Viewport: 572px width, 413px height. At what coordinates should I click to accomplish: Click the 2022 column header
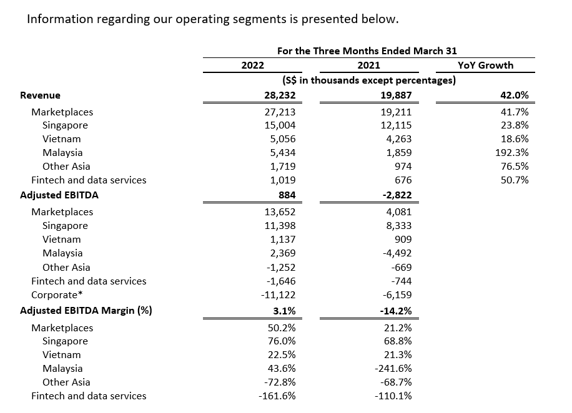tap(252, 66)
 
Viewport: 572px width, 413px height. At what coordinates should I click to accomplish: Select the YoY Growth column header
tap(486, 66)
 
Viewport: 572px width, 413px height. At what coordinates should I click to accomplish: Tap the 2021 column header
tap(369, 66)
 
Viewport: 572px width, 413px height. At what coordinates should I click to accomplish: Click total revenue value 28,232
tap(280, 95)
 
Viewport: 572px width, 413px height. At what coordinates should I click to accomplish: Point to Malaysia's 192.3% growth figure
tap(512, 152)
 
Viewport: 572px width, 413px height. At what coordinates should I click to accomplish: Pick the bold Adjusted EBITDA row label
tap(59, 195)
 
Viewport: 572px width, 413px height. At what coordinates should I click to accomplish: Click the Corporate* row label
tap(57, 295)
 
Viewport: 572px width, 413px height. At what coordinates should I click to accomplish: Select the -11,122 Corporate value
tap(278, 295)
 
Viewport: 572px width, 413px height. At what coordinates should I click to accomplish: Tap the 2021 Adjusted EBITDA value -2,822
tap(397, 195)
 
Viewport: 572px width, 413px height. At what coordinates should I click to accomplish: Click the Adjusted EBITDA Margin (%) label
tap(86, 311)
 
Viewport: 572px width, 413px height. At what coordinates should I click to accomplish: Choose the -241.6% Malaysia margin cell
tap(393, 369)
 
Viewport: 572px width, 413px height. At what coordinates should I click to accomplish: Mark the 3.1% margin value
tap(284, 311)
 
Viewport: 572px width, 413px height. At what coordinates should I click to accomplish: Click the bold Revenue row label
tap(40, 95)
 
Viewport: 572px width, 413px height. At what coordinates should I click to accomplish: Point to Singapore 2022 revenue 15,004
tap(280, 125)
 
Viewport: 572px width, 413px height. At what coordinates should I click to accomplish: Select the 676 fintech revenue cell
tap(403, 180)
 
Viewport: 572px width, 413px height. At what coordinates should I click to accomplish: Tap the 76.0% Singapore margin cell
tap(282, 341)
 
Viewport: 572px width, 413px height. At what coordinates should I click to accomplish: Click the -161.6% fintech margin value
tap(277, 396)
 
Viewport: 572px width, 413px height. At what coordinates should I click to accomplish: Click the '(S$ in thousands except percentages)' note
tap(369, 80)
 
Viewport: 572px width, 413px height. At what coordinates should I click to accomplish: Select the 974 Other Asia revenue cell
tap(403, 166)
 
